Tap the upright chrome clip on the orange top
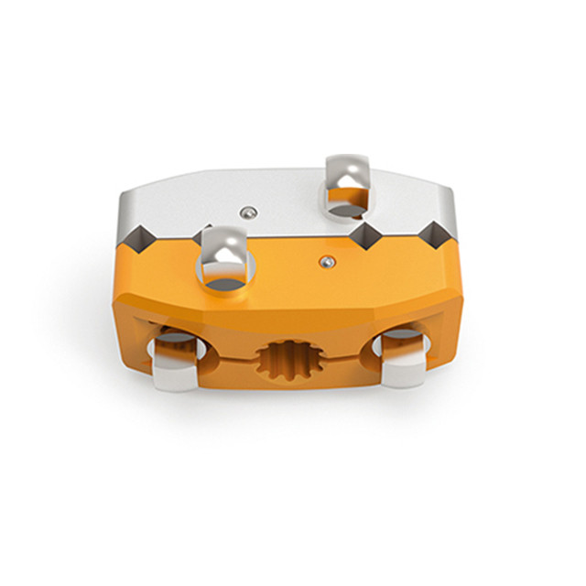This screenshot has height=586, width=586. [x=224, y=256]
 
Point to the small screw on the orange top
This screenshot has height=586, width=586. [x=326, y=263]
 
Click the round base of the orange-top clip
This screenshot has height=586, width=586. [x=225, y=284]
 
